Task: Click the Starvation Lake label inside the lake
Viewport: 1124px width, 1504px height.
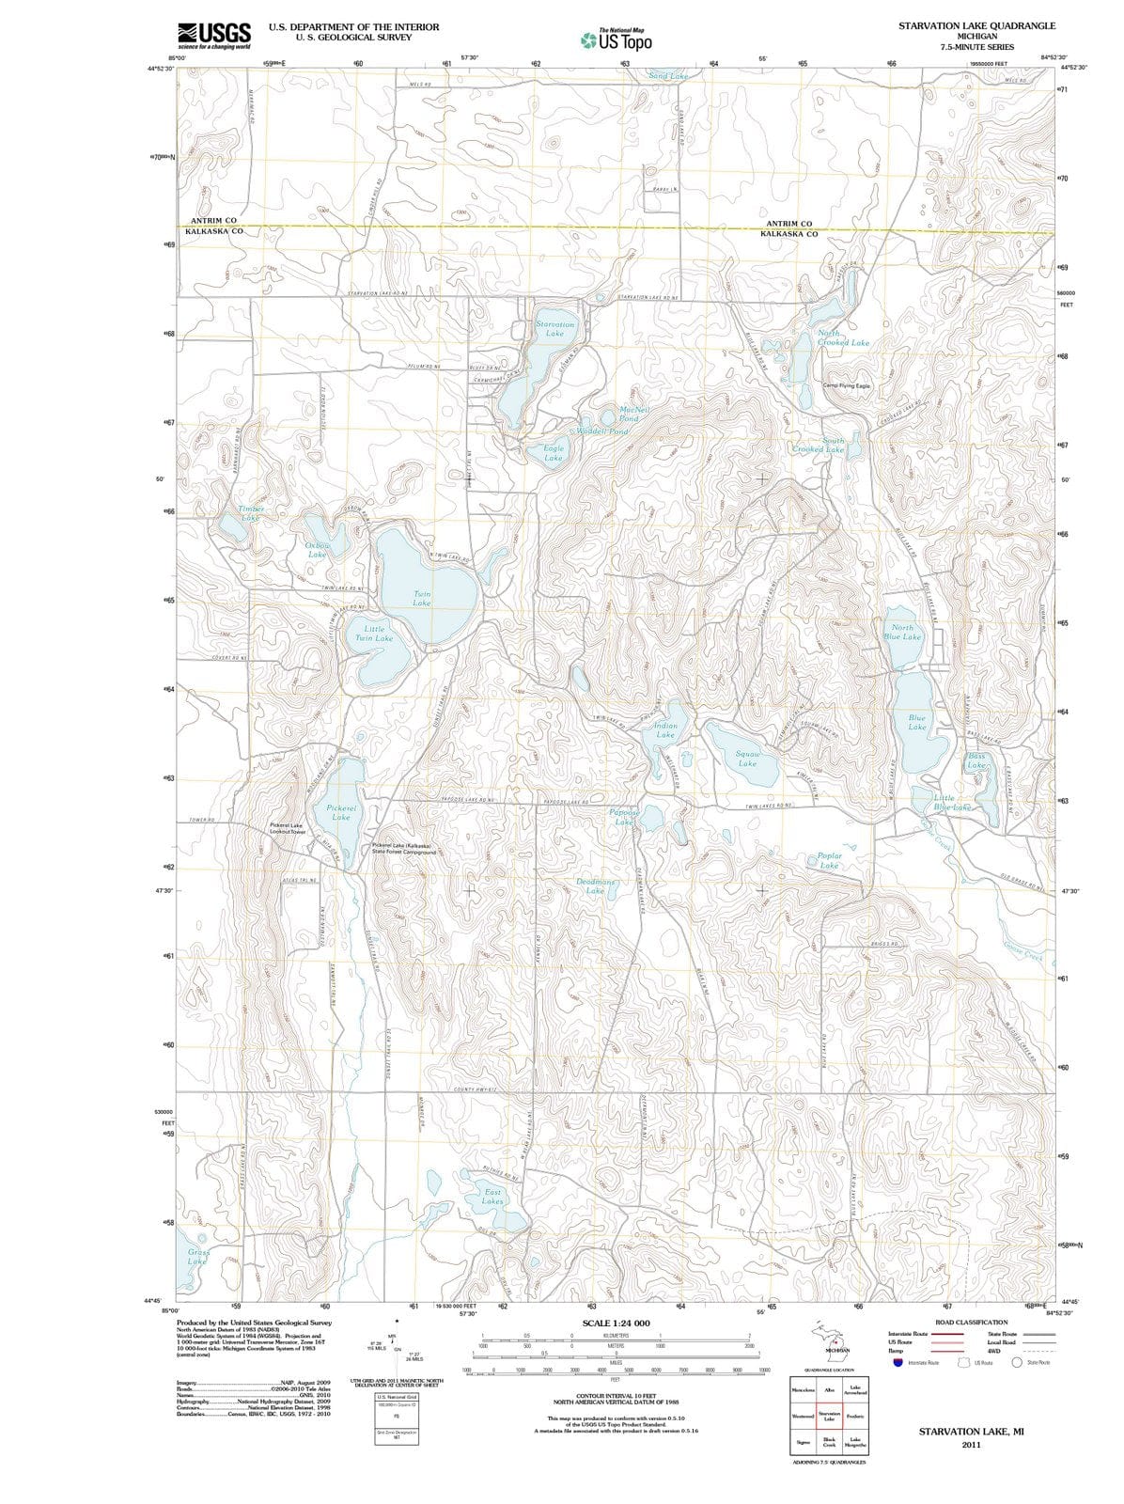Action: [554, 328]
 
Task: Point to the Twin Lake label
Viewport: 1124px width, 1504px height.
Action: [422, 598]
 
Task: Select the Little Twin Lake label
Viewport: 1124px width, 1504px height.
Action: [373, 633]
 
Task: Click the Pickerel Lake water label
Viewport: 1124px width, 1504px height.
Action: [341, 812]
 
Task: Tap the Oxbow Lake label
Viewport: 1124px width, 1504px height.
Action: [318, 549]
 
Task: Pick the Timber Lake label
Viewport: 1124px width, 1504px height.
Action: [250, 512]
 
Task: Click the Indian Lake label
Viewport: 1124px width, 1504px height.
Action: [664, 729]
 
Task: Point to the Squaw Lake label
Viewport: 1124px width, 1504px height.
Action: [747, 759]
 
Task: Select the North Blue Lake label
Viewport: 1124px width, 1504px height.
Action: [901, 632]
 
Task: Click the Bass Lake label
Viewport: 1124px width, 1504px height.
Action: [976, 760]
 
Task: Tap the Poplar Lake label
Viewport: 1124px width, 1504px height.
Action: [829, 860]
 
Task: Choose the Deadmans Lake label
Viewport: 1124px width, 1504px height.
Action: [595, 886]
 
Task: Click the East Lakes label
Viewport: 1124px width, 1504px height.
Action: [492, 1196]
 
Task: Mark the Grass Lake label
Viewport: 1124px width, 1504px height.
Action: [197, 1257]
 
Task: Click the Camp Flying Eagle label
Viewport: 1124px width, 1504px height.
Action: [846, 385]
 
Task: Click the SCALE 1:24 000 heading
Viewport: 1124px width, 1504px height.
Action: [616, 1324]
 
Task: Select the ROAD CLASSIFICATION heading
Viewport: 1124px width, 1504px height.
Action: [971, 1322]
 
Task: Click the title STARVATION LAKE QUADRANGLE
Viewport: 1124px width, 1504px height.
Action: [976, 25]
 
